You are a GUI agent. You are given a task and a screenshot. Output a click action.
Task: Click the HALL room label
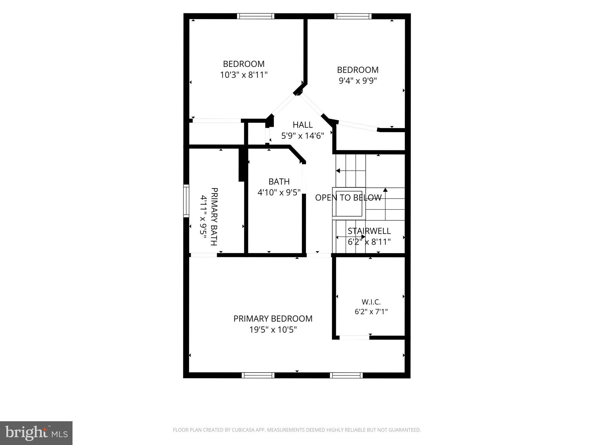[303, 125]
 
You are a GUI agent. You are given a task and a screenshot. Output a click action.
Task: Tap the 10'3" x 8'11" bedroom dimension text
[244, 75]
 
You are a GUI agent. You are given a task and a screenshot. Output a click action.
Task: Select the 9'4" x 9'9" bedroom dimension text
[358, 81]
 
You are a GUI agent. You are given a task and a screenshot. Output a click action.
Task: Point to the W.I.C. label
[371, 302]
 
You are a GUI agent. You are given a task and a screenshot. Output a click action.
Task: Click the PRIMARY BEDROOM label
[273, 319]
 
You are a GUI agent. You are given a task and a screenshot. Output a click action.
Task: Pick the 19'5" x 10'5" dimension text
[273, 330]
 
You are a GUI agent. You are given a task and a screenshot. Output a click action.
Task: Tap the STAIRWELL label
[369, 231]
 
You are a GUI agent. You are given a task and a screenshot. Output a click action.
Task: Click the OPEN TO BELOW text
[348, 198]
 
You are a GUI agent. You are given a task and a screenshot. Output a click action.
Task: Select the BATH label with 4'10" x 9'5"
[279, 182]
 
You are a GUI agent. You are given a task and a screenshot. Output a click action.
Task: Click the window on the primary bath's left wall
[186, 201]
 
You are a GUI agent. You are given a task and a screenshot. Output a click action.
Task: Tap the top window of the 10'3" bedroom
[256, 16]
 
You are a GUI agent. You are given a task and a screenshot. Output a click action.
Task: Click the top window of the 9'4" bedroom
[353, 16]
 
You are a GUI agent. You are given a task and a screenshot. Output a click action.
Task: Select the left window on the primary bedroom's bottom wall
[258, 375]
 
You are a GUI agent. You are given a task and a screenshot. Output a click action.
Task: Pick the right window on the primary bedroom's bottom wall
[346, 375]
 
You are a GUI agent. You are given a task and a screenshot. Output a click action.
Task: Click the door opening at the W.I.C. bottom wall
[354, 338]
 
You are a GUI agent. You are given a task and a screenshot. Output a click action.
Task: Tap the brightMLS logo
[36, 433]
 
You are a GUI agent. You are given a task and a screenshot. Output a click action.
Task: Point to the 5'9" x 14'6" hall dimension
[303, 136]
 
